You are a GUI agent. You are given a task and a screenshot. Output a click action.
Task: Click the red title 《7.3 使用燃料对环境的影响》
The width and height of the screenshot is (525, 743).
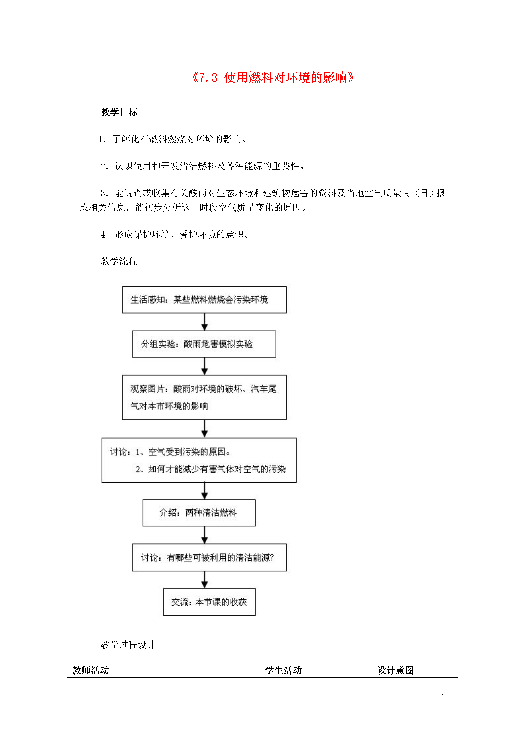tap(273, 78)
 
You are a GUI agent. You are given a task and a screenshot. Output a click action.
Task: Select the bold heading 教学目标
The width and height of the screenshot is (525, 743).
tap(119, 112)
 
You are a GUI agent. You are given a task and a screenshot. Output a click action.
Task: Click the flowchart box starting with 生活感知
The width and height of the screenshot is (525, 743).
tap(204, 300)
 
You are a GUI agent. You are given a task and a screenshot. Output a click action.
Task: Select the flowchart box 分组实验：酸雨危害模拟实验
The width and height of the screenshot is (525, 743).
tap(204, 344)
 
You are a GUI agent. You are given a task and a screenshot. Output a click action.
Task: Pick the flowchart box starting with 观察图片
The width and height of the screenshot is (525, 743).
tap(204, 397)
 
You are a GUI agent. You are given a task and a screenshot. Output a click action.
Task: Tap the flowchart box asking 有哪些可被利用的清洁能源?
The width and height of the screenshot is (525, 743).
tap(209, 558)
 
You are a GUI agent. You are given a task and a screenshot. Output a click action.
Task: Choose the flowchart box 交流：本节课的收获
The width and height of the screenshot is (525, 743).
tap(209, 602)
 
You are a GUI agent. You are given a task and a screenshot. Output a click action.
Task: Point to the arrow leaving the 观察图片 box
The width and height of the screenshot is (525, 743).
tap(204, 429)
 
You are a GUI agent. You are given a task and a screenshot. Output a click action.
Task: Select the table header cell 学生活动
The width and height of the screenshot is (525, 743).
tap(316, 670)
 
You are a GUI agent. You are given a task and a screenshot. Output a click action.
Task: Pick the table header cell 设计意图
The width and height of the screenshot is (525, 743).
tap(415, 670)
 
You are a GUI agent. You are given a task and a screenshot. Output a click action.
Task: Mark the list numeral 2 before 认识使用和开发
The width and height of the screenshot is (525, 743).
tap(103, 166)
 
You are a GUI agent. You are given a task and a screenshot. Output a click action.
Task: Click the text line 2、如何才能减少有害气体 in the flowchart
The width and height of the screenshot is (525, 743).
tap(211, 469)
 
